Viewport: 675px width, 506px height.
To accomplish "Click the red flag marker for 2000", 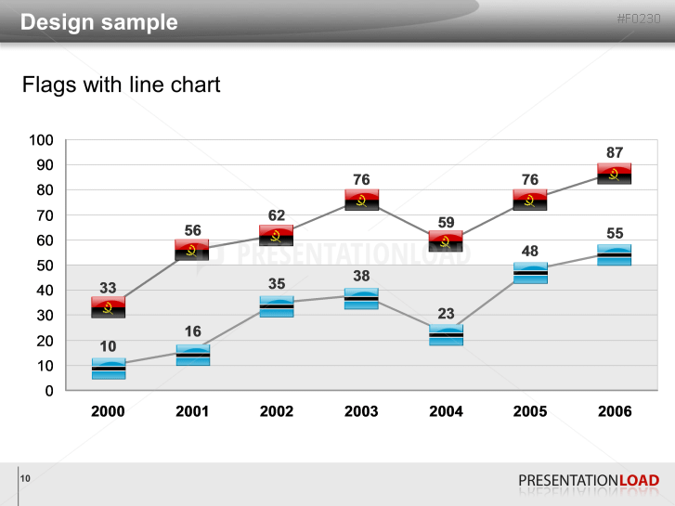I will click(x=108, y=307).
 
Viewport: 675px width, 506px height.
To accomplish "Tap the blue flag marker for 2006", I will click(x=614, y=254).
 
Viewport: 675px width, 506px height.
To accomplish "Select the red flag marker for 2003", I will click(x=361, y=200).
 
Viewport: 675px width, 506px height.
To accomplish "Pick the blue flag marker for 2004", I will click(x=446, y=335).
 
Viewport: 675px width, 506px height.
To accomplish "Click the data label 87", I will click(x=614, y=152).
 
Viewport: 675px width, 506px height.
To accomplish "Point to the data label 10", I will click(x=108, y=346).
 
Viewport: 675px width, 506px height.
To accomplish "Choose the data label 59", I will click(x=446, y=222).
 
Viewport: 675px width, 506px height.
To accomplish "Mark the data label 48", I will click(x=530, y=251).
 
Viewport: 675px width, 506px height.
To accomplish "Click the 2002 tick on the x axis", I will click(x=277, y=411).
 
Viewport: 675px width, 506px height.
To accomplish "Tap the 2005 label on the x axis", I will click(x=530, y=411).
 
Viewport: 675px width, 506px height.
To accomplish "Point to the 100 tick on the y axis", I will click(x=42, y=140).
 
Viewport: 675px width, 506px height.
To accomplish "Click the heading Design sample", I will click(x=99, y=22).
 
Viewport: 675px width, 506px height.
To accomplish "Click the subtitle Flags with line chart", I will click(x=122, y=85).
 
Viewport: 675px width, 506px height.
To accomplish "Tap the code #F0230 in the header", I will click(x=639, y=19).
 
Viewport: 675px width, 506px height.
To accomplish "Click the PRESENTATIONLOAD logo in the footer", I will click(x=589, y=480).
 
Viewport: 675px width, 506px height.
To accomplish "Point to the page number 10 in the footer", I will click(x=25, y=478).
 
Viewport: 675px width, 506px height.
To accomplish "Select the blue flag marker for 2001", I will click(x=192, y=355).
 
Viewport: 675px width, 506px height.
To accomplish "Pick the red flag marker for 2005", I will click(x=530, y=200).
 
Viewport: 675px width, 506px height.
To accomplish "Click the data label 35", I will click(x=277, y=285).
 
